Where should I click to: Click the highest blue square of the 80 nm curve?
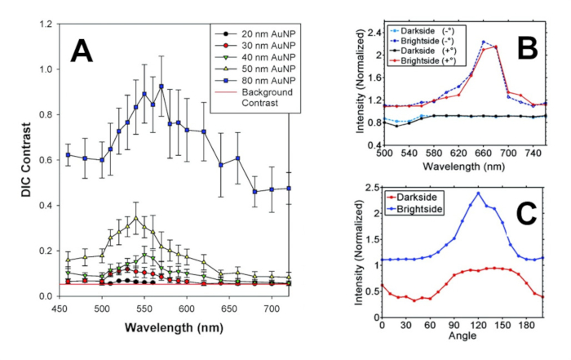(162, 86)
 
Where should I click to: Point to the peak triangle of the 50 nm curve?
(135, 217)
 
